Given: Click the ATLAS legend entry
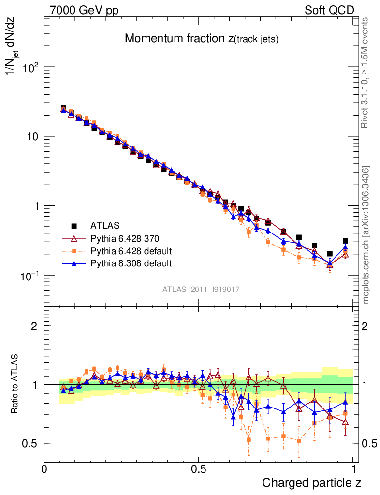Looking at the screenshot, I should [x=105, y=225].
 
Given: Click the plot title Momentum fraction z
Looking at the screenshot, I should [x=202, y=39].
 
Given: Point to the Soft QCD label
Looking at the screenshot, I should [x=329, y=10].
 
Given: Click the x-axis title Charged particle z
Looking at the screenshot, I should [x=311, y=482].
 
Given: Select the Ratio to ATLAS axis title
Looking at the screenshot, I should [x=15, y=385].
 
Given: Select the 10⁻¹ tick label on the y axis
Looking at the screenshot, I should [x=28, y=276].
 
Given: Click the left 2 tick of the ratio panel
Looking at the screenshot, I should [x=34, y=326].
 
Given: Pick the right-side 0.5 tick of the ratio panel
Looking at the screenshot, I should [x=368, y=443].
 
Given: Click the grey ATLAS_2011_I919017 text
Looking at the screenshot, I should [x=201, y=289].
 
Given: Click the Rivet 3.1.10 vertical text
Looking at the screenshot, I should [x=366, y=73].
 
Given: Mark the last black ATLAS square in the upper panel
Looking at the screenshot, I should [x=345, y=241].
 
